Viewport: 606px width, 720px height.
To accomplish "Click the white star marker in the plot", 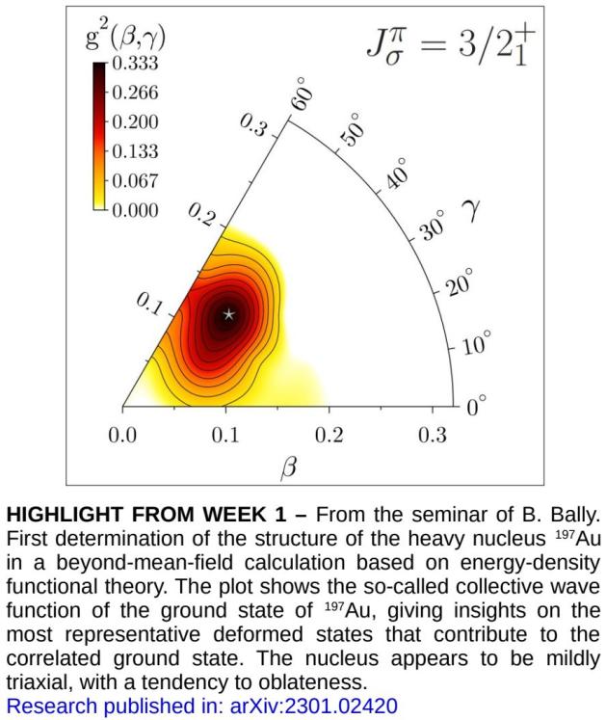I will pos(228,313).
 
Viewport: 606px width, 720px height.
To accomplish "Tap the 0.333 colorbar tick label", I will pos(136,65).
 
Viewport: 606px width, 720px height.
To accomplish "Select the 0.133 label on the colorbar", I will pos(136,151).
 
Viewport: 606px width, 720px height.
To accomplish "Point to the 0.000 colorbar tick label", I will pos(136,209).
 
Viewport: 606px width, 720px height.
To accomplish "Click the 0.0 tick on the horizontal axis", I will pos(122,435).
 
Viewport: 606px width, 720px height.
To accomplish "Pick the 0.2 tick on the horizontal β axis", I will pos(329,435).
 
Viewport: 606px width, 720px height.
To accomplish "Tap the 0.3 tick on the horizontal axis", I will pos(433,435).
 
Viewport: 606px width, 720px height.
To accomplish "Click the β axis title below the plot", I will pos(287,468).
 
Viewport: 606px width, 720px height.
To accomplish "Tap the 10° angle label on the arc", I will pos(477,343).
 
